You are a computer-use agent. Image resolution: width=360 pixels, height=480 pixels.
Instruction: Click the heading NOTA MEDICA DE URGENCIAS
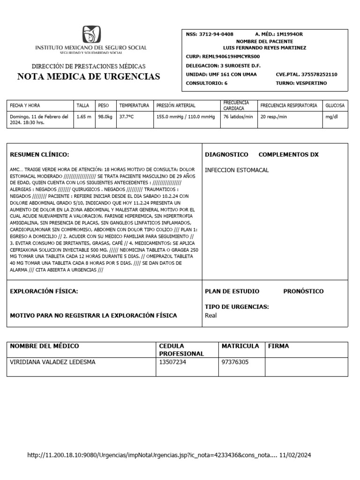point(89,77)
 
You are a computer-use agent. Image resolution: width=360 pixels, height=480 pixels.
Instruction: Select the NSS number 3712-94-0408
point(216,34)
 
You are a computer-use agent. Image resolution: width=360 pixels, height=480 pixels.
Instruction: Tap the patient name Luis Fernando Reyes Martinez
point(265,48)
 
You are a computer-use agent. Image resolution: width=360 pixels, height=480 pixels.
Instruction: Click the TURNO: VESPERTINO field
point(301,83)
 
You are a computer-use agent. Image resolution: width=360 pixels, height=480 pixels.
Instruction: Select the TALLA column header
point(82,105)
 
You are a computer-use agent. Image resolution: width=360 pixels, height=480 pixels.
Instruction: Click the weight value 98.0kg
point(105,116)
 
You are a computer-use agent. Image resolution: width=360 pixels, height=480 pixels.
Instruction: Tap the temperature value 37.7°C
point(126,116)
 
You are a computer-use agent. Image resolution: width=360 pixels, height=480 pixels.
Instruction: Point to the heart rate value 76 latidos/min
point(238,116)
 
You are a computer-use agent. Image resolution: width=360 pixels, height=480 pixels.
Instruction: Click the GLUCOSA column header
point(335,105)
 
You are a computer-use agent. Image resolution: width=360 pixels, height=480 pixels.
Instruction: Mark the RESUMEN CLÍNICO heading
point(39,154)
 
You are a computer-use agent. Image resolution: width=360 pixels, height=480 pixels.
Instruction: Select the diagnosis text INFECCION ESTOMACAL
point(237,170)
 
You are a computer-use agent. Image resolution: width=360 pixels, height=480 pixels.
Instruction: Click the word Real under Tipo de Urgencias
point(211,315)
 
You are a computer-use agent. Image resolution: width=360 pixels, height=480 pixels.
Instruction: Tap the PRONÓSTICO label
point(303,291)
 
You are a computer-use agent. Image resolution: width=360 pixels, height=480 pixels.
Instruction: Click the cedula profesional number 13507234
point(173,362)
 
